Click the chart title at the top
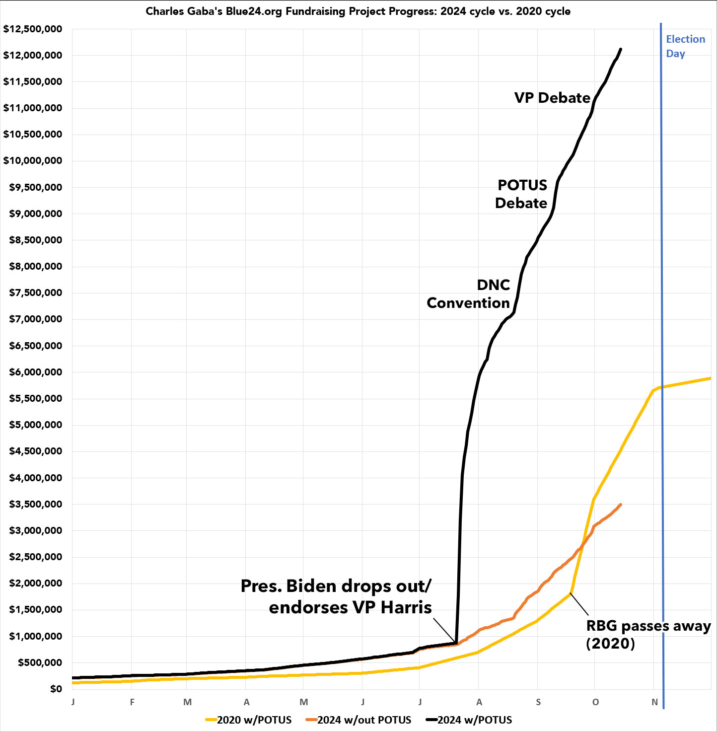(358, 11)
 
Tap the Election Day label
(685, 46)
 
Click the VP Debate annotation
(552, 98)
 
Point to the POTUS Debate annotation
(521, 194)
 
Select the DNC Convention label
(468, 294)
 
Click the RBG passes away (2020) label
(648, 634)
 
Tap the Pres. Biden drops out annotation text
(336, 596)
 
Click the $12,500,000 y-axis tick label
(33, 29)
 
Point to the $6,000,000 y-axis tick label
(36, 372)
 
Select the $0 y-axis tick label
(56, 689)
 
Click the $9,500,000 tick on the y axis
(36, 187)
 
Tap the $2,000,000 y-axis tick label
(36, 583)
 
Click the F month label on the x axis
(132, 702)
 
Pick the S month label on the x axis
(538, 702)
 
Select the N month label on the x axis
(654, 702)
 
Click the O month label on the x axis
(595, 702)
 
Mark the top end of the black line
(621, 49)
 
